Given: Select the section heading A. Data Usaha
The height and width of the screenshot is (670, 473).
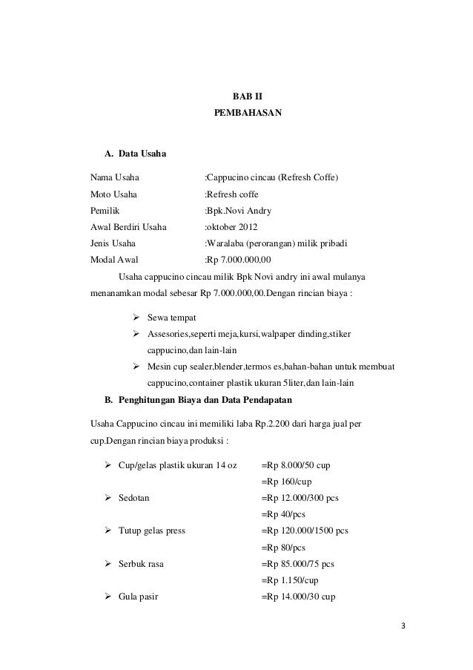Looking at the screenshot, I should (x=136, y=154).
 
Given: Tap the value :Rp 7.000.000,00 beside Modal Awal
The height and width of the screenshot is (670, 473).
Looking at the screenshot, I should (x=238, y=260).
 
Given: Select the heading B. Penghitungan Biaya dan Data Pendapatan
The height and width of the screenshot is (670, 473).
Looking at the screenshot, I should (x=199, y=401).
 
